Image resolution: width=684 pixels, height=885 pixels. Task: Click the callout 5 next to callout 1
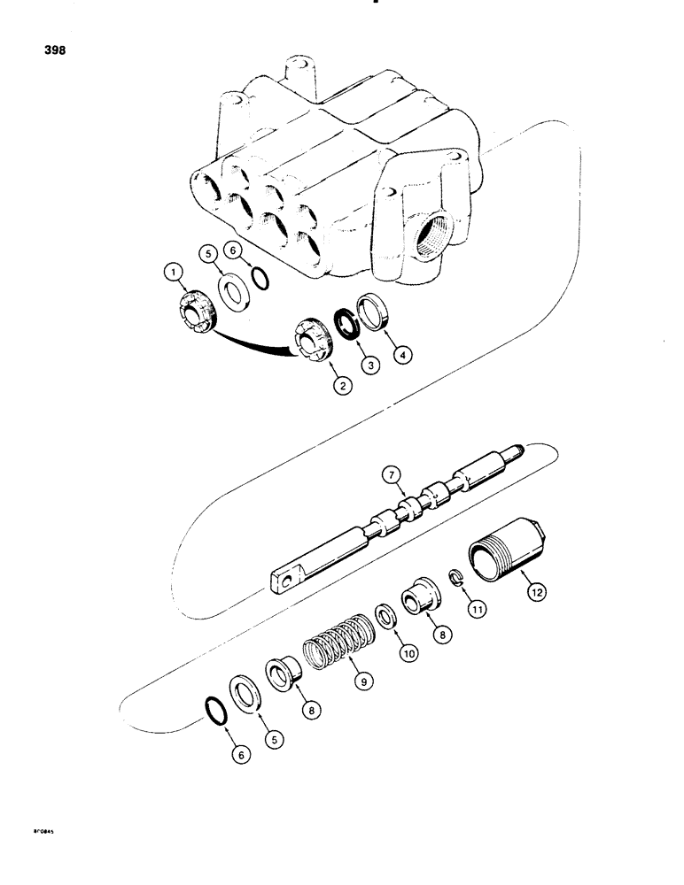click(210, 253)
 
